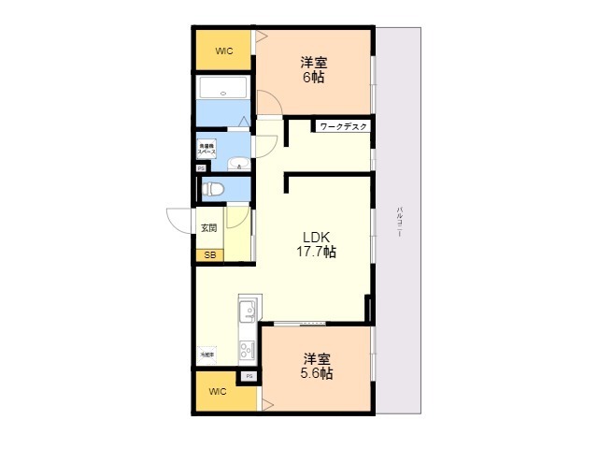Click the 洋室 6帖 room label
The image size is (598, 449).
coord(314,70)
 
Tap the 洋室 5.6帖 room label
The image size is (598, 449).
coord(316,366)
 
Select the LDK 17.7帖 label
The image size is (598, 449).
coord(317,244)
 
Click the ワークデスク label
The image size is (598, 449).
coord(344,126)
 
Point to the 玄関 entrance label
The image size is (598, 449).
coord(208,228)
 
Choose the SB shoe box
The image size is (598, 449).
coord(208,253)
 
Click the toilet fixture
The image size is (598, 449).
coord(214,188)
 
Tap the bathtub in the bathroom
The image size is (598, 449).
coord(222,92)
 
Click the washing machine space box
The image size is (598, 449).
coord(206,148)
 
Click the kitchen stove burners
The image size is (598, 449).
coord(248,350)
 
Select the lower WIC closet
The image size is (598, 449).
coord(219,391)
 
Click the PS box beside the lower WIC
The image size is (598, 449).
coord(249,376)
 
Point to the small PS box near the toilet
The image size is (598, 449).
coord(200,168)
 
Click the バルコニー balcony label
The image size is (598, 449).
coord(399,222)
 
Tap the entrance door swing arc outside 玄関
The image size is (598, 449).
coord(179,221)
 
